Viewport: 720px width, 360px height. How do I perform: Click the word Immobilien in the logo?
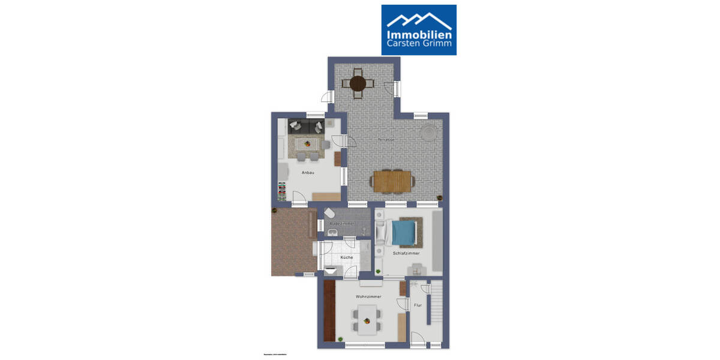[419, 34]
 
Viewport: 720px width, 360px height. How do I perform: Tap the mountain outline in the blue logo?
[419, 18]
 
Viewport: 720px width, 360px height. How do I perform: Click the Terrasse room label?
[386, 139]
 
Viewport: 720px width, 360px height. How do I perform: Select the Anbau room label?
[308, 173]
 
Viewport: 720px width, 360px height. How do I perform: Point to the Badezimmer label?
[342, 223]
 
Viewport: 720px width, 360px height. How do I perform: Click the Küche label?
[347, 257]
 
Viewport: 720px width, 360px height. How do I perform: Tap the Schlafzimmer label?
[406, 253]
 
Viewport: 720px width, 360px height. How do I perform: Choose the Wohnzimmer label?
[368, 296]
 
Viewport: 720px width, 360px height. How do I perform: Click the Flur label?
[418, 305]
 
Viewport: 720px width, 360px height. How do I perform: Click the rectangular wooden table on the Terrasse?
[392, 181]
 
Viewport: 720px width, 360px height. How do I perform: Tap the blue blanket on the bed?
[404, 232]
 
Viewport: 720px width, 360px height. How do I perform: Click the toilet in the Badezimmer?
[329, 213]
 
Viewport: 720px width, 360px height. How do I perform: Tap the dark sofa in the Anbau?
[307, 126]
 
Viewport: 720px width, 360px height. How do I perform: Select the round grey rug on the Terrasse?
[428, 132]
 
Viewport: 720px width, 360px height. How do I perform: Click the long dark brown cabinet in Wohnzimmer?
[329, 310]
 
